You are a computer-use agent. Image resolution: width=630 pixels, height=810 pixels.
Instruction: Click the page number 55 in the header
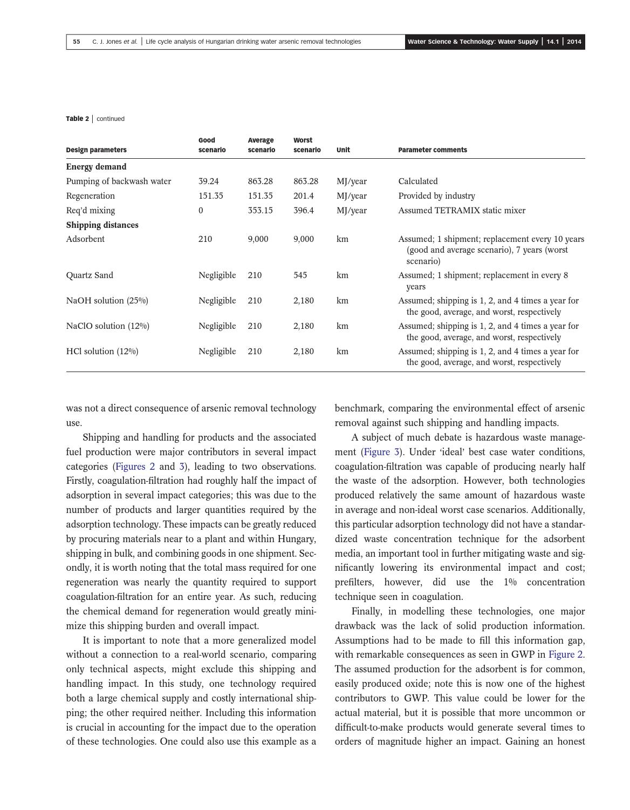click(x=77, y=42)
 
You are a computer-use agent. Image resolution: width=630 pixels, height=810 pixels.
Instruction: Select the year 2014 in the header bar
click(x=574, y=42)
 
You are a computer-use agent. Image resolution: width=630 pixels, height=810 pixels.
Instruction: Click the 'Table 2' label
click(x=77, y=119)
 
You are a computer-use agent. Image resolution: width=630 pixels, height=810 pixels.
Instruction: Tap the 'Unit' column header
click(x=343, y=150)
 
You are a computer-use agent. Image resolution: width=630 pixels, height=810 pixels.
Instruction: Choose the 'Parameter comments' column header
click(x=432, y=150)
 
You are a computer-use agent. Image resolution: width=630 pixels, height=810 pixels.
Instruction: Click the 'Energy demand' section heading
click(x=96, y=167)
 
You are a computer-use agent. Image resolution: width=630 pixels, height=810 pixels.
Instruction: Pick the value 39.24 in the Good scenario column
click(x=208, y=181)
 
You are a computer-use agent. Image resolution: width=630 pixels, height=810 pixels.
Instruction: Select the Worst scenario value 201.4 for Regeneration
click(x=303, y=196)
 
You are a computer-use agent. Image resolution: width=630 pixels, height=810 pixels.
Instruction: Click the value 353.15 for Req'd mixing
click(x=260, y=211)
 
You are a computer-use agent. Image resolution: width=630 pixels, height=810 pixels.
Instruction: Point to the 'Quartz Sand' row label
click(x=90, y=275)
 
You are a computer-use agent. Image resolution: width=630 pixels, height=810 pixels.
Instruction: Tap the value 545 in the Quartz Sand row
click(x=300, y=275)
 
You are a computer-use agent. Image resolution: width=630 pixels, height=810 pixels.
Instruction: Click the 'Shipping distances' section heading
click(x=102, y=225)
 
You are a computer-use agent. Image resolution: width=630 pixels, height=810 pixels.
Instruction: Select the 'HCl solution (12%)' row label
click(x=102, y=352)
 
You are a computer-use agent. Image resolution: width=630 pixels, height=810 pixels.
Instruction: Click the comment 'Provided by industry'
click(x=436, y=196)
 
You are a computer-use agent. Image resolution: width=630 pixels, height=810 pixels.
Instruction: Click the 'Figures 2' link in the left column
click(x=135, y=467)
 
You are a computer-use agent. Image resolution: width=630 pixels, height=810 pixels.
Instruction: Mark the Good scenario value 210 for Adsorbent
click(x=205, y=239)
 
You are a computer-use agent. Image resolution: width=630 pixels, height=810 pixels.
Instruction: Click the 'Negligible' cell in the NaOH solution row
click(x=217, y=301)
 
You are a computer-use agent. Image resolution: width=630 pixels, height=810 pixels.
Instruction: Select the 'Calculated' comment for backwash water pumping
click(x=417, y=181)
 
